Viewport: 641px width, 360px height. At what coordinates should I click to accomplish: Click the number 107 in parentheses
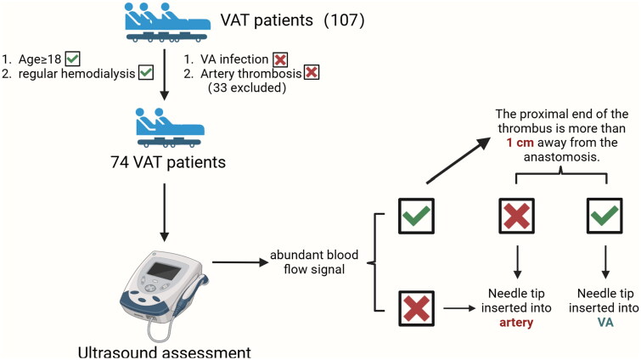tap(344, 20)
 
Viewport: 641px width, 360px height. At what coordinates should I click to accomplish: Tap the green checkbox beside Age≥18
tap(72, 59)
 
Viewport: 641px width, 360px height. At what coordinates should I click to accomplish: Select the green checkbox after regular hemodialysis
tap(146, 73)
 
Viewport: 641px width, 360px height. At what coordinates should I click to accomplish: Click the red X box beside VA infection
tap(280, 59)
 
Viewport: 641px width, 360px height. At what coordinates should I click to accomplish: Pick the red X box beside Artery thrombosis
tap(312, 72)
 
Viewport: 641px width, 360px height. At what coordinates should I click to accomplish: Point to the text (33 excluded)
tap(247, 87)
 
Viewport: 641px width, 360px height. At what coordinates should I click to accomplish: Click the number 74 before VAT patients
tap(120, 162)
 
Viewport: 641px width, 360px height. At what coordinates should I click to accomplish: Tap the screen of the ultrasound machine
tap(165, 271)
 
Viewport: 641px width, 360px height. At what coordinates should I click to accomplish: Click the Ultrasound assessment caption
tap(165, 352)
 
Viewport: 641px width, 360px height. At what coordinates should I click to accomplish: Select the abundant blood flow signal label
tap(314, 262)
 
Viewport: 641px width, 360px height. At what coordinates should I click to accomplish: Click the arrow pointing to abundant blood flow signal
tap(240, 262)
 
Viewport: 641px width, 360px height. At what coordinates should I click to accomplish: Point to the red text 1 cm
tap(520, 143)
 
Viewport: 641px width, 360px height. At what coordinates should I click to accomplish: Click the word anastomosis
tap(561, 157)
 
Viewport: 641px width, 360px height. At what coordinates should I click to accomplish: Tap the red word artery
tap(516, 323)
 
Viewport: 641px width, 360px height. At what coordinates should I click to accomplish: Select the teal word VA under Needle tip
tap(605, 322)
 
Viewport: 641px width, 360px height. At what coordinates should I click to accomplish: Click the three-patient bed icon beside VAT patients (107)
tap(168, 22)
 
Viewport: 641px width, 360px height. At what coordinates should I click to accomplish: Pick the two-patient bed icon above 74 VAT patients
tap(170, 127)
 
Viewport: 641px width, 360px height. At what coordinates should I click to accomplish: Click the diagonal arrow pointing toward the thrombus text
tap(458, 160)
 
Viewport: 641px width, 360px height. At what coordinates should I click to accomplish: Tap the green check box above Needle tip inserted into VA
tap(604, 216)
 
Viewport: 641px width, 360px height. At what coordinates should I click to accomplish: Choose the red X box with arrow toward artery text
tap(416, 308)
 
